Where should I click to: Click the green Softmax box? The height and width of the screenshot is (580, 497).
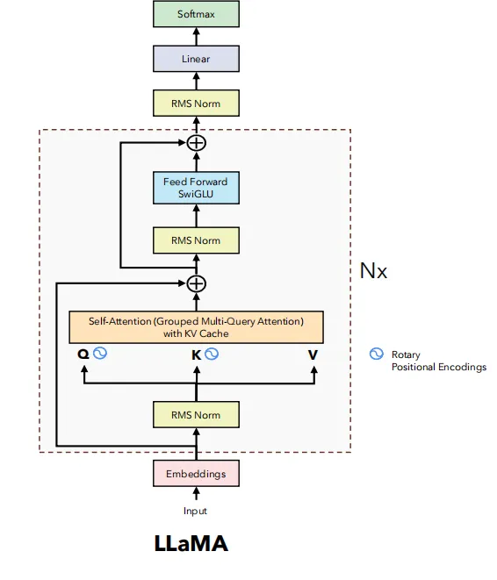tap(196, 14)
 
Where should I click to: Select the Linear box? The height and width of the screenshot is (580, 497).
tap(196, 59)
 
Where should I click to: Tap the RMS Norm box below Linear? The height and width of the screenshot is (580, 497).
tap(196, 104)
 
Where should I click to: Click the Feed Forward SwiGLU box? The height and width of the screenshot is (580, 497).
tap(196, 188)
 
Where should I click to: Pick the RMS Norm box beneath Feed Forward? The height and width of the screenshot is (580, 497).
tap(196, 240)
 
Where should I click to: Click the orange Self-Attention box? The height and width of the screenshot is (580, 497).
tap(196, 327)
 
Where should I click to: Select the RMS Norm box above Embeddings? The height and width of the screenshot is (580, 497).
tap(196, 415)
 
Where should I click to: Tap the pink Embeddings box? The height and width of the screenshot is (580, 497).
tap(196, 474)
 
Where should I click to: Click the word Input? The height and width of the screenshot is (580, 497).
tap(195, 511)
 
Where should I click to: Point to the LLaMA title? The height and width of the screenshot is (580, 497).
tap(191, 543)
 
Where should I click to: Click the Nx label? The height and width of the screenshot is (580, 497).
tap(373, 271)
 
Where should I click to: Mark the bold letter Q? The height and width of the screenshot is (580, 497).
tap(83, 354)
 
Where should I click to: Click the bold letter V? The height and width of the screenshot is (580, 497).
tap(313, 355)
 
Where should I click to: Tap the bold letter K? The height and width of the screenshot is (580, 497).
tap(196, 355)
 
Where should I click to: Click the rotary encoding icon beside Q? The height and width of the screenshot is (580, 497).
tap(100, 353)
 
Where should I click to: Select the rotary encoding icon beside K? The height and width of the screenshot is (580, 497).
tap(212, 354)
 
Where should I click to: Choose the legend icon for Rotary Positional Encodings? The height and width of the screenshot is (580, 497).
tap(377, 354)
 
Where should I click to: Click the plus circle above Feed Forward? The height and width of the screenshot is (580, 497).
tap(196, 143)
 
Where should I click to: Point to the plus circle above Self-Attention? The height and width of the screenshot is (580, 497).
tap(196, 283)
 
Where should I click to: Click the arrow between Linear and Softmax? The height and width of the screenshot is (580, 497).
tap(196, 36)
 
